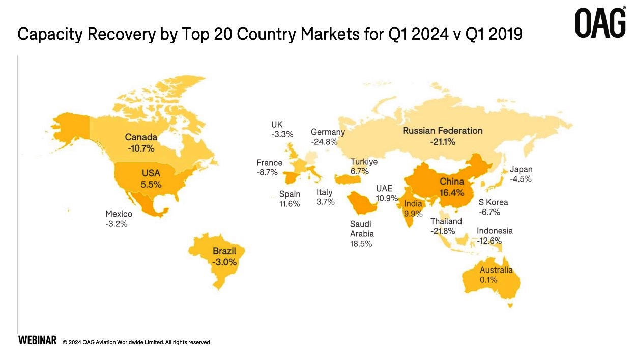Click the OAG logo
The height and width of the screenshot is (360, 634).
[x=600, y=23]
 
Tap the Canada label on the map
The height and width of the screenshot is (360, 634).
[x=141, y=137]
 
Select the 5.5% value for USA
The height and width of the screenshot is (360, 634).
[x=151, y=185]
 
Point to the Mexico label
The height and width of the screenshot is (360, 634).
[x=119, y=214]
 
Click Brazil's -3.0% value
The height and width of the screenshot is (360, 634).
[x=224, y=262]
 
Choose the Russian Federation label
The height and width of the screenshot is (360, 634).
[x=442, y=131]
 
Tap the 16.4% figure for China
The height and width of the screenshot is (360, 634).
[x=452, y=193]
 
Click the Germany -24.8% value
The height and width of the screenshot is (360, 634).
[x=324, y=142]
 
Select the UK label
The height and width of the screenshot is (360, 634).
[x=277, y=125]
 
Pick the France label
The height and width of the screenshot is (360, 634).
[x=269, y=163]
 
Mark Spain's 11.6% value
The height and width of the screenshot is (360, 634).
[x=290, y=204]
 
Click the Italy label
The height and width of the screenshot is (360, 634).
[x=324, y=192]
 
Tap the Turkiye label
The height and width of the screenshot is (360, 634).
[x=364, y=162]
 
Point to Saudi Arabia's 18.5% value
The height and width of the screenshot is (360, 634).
[x=361, y=244]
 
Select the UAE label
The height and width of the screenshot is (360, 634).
[x=384, y=187]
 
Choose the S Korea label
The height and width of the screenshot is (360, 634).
[x=493, y=202]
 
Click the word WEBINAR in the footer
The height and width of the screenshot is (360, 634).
[x=37, y=341]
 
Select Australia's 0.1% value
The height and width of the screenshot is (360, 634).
[x=488, y=280]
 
